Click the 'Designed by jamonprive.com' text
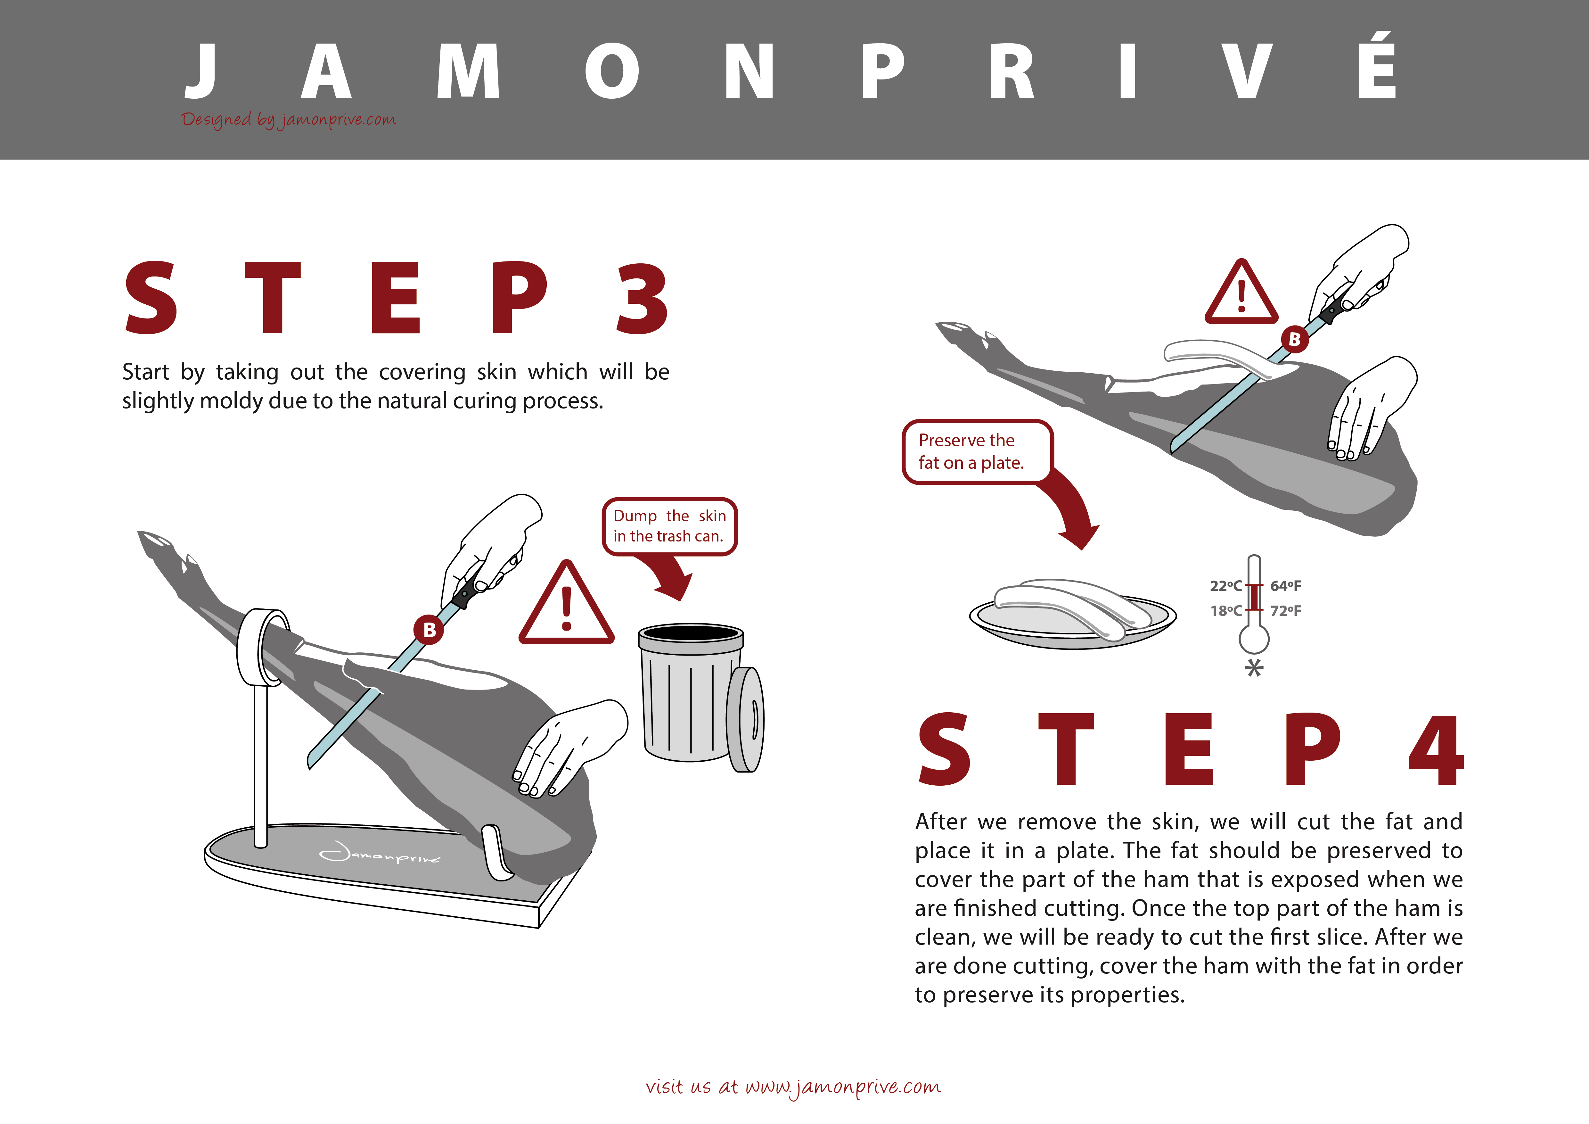click(x=289, y=120)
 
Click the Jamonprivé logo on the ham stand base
click(x=379, y=855)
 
